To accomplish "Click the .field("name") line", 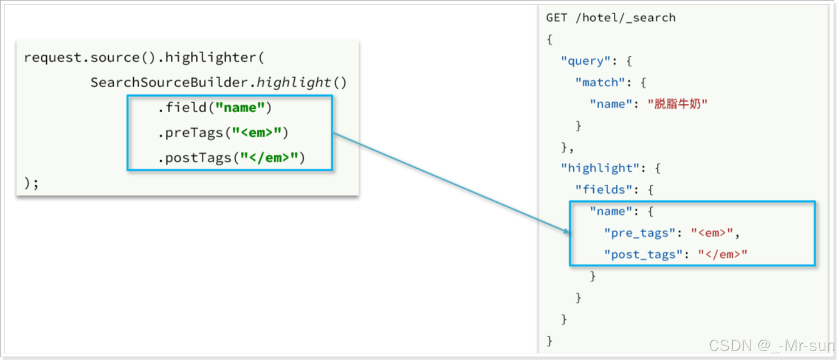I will pos(214,108).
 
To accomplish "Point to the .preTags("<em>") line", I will pos(223,133).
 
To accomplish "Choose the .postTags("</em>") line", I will pos(231,158).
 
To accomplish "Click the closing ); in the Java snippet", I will pos(31,183).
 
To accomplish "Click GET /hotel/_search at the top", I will pos(610,18).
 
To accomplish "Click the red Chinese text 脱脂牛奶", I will pos(677,104).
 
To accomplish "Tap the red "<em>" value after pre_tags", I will pos(714,233).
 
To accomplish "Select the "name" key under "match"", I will pos(611,104).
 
